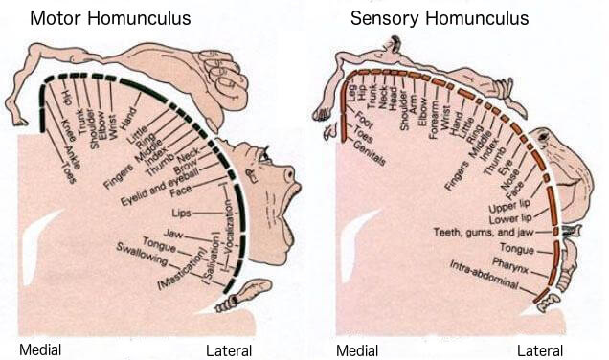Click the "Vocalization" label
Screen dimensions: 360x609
[231, 251]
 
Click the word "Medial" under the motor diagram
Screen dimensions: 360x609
[41, 349]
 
